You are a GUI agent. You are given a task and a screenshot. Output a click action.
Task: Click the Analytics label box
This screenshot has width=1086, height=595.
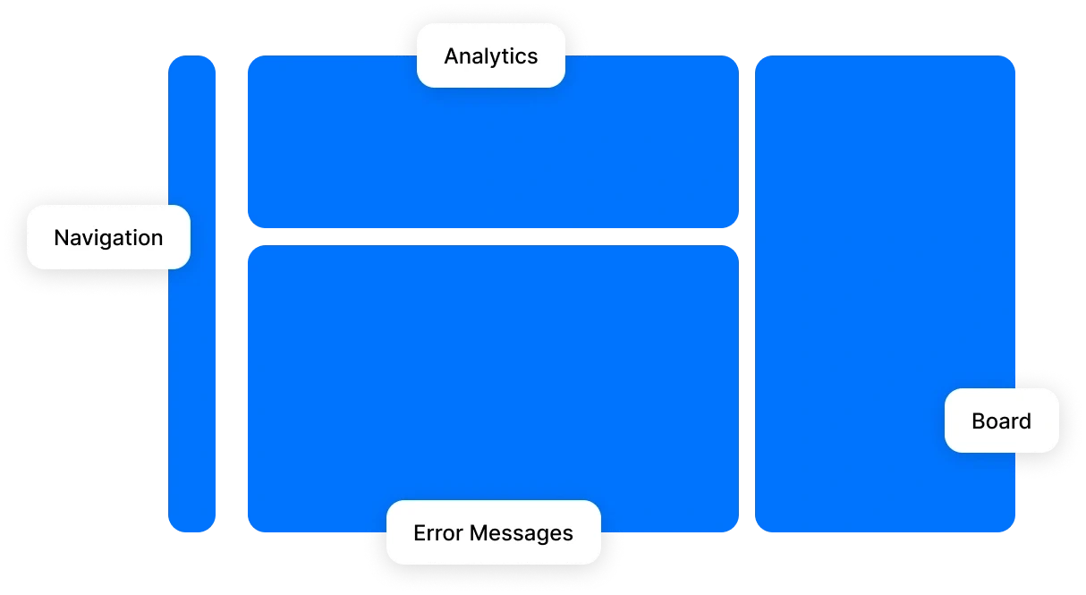[x=490, y=55]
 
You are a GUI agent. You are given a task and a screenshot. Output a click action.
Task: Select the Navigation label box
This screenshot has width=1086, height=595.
[x=108, y=237]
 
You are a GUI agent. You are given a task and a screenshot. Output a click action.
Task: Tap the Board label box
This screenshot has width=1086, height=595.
[x=1001, y=421]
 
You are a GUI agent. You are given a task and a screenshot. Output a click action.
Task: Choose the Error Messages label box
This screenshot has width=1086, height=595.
[x=493, y=532]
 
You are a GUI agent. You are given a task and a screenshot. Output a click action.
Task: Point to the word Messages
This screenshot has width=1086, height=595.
[x=522, y=533]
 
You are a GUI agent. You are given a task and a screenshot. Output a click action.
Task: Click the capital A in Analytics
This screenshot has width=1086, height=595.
[x=452, y=56]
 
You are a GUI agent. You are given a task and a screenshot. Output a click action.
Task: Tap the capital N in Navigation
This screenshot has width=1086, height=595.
[x=61, y=238]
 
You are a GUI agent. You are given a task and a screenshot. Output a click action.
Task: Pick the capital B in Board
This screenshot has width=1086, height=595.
[x=978, y=421]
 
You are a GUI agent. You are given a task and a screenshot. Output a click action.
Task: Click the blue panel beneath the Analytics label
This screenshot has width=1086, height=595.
[x=492, y=152]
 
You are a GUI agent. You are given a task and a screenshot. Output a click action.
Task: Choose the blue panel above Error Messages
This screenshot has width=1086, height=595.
[x=492, y=376]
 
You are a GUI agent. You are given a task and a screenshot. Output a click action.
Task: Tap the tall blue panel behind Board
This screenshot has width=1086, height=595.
[x=884, y=268]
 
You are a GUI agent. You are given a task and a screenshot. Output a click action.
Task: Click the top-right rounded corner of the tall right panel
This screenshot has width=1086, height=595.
[x=1008, y=62]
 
